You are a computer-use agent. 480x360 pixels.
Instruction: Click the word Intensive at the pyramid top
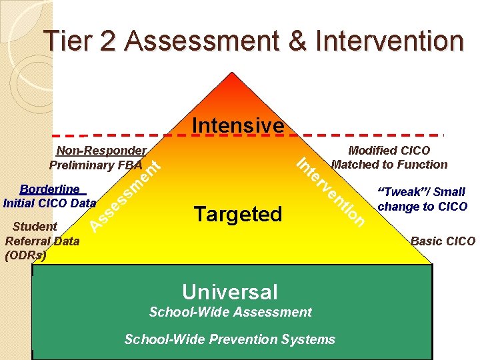[238, 125]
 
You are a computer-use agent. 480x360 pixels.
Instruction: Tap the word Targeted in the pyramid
[238, 214]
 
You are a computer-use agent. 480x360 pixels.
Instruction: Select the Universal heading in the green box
[230, 291]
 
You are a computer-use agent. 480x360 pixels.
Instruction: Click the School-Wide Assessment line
[230, 311]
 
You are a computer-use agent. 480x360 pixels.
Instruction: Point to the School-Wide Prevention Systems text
[230, 339]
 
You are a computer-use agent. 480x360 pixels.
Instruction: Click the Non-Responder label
[101, 151]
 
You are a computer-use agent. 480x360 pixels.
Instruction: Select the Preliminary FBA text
[95, 165]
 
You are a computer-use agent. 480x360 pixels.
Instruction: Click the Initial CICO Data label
[49, 201]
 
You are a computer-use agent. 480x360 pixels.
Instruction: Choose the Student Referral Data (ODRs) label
[41, 240]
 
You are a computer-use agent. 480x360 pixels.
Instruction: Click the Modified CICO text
[389, 151]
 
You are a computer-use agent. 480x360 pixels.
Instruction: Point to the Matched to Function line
[389, 164]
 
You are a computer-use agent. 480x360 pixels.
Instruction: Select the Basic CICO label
[443, 241]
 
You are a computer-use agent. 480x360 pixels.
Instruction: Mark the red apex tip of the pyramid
[231, 75]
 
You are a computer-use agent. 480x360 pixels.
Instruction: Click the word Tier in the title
[64, 41]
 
